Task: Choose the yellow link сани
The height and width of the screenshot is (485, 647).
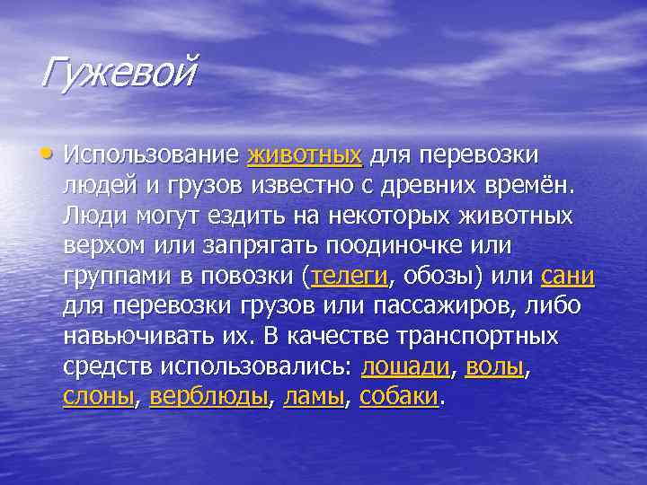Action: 568,276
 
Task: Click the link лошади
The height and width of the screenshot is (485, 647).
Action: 405,366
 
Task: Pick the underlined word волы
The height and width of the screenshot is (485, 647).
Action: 494,366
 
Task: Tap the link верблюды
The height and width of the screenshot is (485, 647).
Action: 209,397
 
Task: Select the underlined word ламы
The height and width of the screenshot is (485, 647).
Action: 314,397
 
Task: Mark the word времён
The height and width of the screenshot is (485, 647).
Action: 527,185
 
